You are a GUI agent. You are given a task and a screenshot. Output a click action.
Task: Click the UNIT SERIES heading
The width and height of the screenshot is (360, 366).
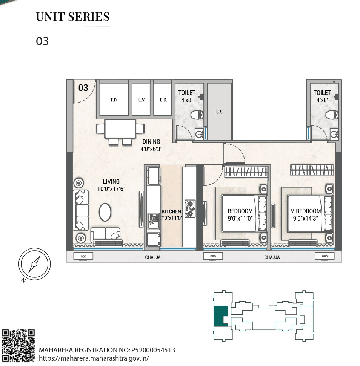pos(73,17)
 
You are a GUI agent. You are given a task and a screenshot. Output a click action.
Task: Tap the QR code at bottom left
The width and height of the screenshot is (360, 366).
pos(18,346)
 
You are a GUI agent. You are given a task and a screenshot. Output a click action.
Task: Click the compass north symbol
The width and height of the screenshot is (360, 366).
pos(34,264)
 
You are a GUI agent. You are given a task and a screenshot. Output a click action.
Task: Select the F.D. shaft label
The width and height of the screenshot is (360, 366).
pos(114,100)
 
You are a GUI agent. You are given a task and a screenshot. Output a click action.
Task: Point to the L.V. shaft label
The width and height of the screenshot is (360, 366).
pos(142,100)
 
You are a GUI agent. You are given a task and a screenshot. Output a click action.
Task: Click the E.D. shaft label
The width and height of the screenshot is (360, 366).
pos(163,100)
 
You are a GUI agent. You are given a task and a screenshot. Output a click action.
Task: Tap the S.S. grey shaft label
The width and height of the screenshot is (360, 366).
pos(220,112)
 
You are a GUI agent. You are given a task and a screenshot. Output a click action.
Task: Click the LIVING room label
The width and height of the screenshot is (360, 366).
pos(111,182)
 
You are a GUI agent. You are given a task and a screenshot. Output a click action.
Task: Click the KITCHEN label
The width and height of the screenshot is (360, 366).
pos(171,212)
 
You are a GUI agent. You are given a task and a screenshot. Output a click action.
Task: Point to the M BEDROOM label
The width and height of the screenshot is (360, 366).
pos(306,211)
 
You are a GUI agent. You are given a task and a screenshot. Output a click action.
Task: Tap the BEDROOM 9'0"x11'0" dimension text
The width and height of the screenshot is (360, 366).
pos(240,218)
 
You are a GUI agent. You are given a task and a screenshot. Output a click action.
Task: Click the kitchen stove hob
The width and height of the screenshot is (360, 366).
pos(189,208)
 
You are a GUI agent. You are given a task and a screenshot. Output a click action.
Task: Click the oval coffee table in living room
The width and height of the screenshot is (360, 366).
pos(105,213)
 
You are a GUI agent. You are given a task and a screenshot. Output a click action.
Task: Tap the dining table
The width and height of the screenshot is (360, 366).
pos(120,129)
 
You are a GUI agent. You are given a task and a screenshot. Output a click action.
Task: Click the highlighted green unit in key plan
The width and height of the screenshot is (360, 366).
pos(220,316)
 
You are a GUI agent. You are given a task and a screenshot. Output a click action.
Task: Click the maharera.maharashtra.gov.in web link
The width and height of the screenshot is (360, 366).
pos(94,358)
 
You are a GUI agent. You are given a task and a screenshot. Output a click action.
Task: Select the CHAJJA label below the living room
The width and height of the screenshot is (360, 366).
pos(153,257)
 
